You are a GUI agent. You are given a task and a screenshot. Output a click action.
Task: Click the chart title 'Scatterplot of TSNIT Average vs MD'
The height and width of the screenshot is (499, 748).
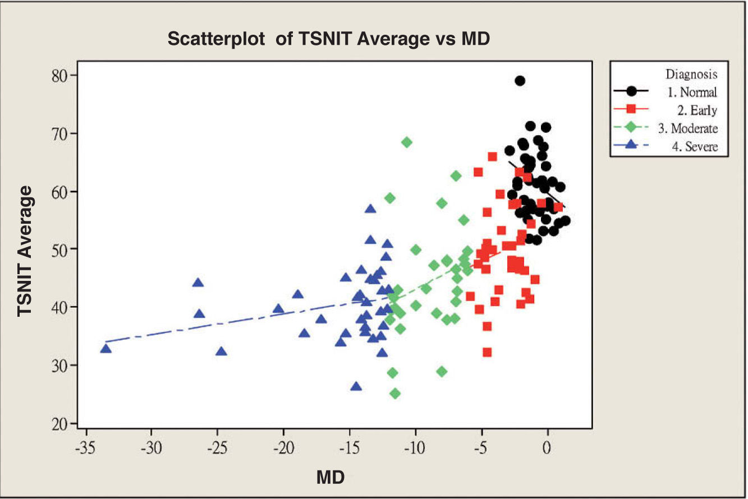(x=329, y=39)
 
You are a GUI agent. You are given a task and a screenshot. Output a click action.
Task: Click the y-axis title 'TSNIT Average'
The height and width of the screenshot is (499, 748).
(x=25, y=251)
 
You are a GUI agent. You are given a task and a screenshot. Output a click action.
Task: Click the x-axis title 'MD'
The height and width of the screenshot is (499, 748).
(x=331, y=477)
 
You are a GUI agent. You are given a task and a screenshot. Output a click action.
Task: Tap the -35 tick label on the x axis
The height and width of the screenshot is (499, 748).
(x=85, y=448)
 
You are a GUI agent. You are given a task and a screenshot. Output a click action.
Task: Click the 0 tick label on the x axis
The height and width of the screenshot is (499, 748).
(x=547, y=448)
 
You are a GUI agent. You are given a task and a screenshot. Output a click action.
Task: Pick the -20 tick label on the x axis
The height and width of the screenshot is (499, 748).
(x=283, y=448)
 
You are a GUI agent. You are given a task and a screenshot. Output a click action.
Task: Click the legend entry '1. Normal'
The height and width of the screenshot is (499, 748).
(x=692, y=92)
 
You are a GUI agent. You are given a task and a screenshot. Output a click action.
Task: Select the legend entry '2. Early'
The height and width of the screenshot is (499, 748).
(x=697, y=110)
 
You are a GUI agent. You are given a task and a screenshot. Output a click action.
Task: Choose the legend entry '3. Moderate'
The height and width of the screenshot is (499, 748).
(x=688, y=128)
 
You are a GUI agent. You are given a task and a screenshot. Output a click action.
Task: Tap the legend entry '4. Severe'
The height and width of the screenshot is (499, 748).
(x=695, y=146)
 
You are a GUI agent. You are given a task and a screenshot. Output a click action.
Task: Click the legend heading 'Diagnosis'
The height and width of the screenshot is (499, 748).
(x=691, y=74)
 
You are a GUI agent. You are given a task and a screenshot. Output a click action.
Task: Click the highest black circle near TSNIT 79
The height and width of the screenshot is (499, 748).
(x=520, y=81)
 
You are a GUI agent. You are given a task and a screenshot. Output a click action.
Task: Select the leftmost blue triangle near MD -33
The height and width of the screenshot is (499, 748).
(x=106, y=349)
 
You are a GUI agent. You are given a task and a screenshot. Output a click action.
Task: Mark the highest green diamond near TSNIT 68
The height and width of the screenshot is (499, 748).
(x=407, y=142)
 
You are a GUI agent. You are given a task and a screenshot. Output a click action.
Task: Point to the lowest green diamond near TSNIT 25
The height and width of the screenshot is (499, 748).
(x=395, y=394)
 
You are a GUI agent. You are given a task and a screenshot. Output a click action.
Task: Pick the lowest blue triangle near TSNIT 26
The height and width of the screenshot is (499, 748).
(x=356, y=386)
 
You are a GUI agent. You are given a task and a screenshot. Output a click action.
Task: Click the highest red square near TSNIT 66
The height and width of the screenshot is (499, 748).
(x=493, y=156)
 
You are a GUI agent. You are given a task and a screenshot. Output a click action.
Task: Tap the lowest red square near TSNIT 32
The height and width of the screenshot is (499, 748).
(x=487, y=352)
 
